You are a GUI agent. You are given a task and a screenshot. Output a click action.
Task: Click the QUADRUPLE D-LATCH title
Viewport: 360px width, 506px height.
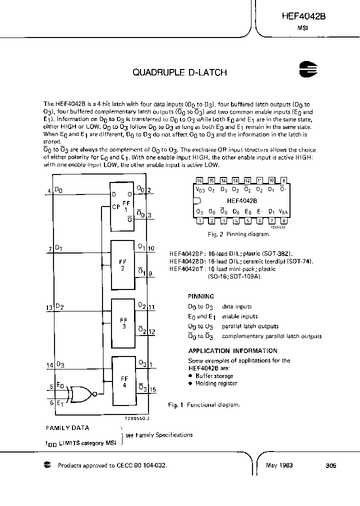(179, 72)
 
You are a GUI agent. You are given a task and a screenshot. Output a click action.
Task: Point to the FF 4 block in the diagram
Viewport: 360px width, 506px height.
(124, 382)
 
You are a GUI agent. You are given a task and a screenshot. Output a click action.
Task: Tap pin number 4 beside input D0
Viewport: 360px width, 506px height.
(49, 191)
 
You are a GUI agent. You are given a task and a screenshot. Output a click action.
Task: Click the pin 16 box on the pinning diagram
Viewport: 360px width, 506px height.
(199, 180)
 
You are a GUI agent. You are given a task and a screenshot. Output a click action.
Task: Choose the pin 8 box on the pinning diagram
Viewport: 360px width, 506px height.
(283, 220)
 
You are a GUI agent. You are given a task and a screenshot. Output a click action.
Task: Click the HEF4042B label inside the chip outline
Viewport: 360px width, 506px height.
(241, 200)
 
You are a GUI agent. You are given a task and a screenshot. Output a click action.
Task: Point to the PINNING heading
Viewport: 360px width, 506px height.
(201, 296)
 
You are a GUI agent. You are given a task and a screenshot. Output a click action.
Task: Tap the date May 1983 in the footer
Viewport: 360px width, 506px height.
(279, 465)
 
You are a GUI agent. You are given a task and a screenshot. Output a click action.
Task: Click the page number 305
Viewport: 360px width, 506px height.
(330, 465)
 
